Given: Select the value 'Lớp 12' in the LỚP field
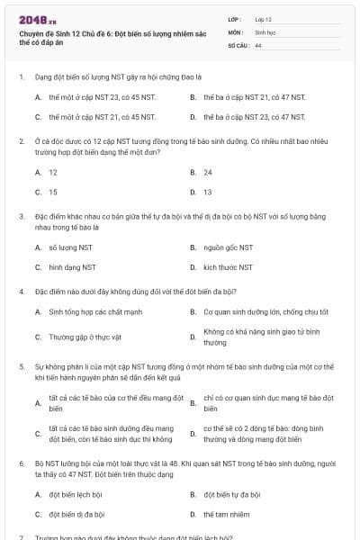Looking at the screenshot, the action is click(x=264, y=18).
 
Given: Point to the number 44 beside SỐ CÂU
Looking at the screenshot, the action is click(x=258, y=44).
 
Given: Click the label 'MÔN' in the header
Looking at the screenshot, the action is click(x=235, y=31).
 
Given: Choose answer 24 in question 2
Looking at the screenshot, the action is click(x=208, y=171).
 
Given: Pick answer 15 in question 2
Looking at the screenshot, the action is click(x=53, y=192).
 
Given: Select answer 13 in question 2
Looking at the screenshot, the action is click(x=208, y=192).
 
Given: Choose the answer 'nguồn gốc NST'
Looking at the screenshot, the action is click(x=228, y=247).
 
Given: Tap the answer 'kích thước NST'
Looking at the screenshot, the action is click(x=229, y=267).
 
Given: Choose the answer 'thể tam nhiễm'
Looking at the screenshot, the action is click(x=226, y=515).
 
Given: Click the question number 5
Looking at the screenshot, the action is click(x=21, y=367).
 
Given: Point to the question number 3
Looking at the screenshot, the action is click(x=21, y=217).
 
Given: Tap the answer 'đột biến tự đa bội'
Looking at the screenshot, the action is click(x=232, y=494).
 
